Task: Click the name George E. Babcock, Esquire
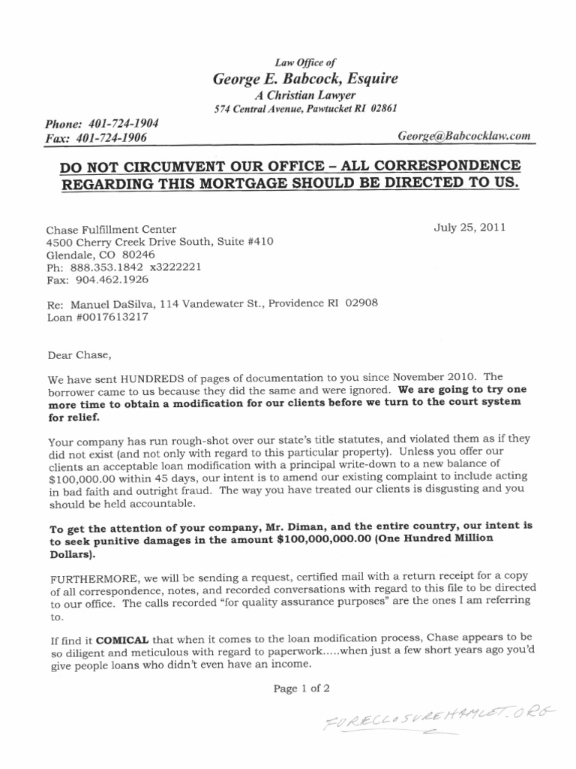tap(306, 80)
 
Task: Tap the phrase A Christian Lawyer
tap(307, 95)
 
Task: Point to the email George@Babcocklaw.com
tap(466, 136)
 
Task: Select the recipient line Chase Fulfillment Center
tap(112, 229)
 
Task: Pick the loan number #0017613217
tap(111, 316)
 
